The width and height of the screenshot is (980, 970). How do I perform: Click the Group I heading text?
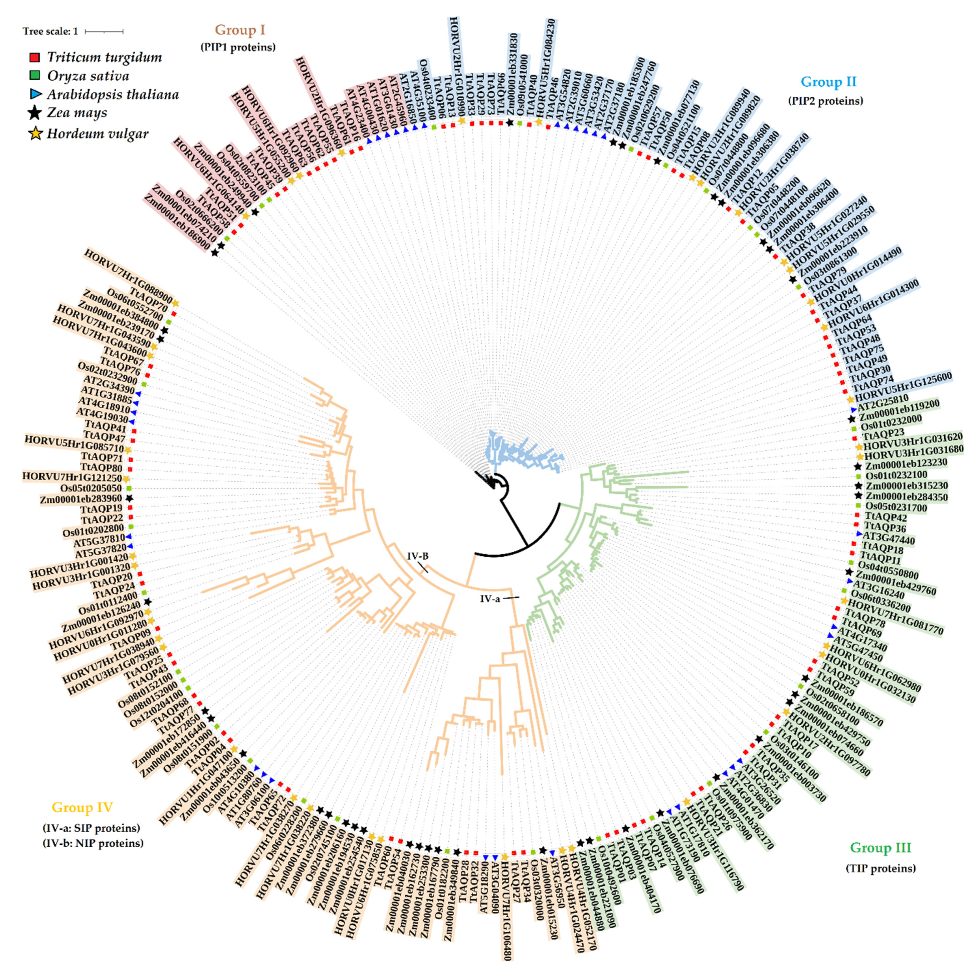(x=239, y=30)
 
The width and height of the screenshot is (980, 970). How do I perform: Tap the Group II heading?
(x=828, y=82)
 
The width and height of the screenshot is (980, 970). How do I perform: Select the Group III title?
(x=880, y=847)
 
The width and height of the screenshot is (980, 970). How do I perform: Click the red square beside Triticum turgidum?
(x=34, y=57)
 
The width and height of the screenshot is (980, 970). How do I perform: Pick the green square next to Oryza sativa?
(x=34, y=76)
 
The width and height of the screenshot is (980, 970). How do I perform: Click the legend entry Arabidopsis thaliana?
(x=113, y=95)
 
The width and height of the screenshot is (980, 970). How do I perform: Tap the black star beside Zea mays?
(x=34, y=113)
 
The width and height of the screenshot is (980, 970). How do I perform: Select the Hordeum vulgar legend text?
(x=97, y=134)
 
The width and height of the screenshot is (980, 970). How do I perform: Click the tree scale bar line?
(x=104, y=32)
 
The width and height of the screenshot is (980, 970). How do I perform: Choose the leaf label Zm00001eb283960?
(x=81, y=499)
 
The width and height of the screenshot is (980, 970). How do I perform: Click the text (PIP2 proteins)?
(x=825, y=101)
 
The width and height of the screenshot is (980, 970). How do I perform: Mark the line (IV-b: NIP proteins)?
(x=93, y=843)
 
